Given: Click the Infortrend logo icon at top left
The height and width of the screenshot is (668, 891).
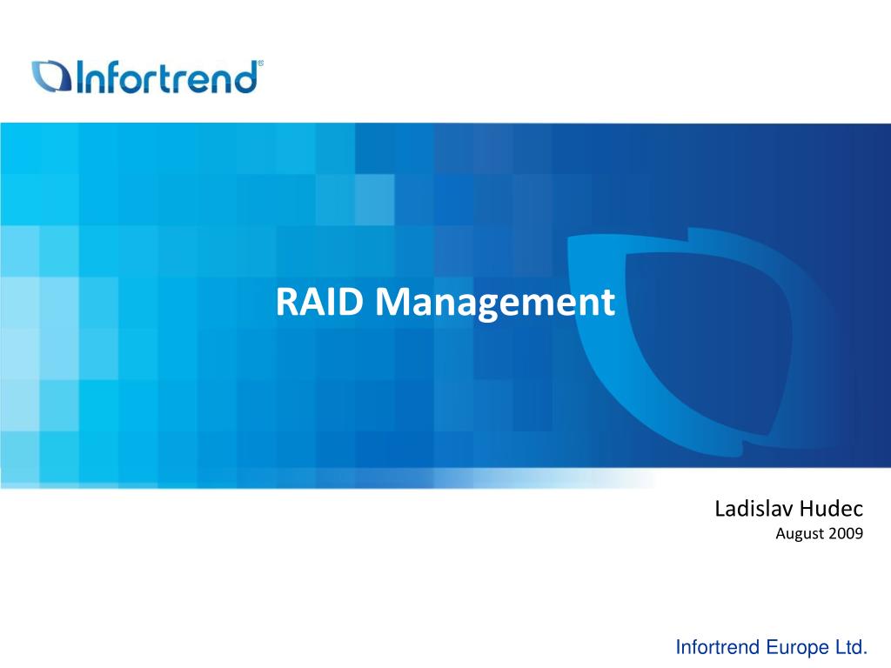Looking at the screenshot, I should pyautogui.click(x=50, y=77).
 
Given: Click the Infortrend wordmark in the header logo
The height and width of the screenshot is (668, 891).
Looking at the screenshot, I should pyautogui.click(x=167, y=77).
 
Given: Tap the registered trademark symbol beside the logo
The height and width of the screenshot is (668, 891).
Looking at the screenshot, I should pyautogui.click(x=261, y=64).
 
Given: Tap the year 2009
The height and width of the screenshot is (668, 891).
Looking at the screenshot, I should pyautogui.click(x=846, y=534).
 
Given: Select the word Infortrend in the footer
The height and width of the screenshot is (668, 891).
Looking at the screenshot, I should pyautogui.click(x=719, y=646).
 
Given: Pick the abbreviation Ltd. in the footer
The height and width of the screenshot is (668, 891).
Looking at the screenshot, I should pyautogui.click(x=854, y=646).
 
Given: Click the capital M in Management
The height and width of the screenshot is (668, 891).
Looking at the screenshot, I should pyautogui.click(x=393, y=303).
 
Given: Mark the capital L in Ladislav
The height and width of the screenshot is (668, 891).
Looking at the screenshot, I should pyautogui.click(x=720, y=509).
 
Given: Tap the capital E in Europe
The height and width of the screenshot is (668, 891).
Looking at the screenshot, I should pyautogui.click(x=773, y=646).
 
